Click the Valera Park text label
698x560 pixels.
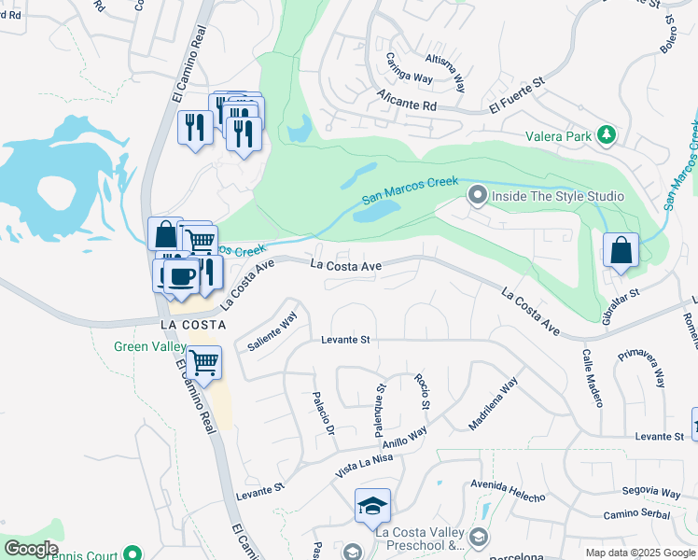tap(558, 136)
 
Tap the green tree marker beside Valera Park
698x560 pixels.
tap(607, 136)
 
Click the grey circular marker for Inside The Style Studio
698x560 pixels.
tap(478, 196)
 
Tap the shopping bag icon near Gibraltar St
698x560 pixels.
tap(621, 251)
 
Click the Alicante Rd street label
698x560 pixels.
tap(407, 101)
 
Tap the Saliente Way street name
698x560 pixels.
tap(272, 331)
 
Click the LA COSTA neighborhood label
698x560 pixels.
tap(193, 324)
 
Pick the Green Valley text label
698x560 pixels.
tap(149, 346)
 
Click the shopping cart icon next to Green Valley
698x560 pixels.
tap(203, 361)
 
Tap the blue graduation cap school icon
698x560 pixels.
tap(373, 507)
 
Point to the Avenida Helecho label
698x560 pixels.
tap(507, 490)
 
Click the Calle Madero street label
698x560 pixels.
tap(593, 378)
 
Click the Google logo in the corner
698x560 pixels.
tap(31, 549)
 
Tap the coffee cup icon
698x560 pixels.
tap(180, 275)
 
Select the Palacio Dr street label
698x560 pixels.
tap(322, 415)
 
